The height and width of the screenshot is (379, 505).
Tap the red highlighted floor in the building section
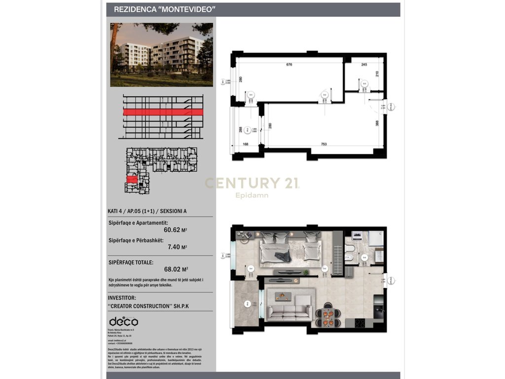163,112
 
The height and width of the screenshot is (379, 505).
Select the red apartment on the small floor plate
132,180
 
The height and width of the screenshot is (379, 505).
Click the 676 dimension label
289,65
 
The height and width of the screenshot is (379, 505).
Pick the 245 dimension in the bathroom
364,65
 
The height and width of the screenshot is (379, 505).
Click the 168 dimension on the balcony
245,145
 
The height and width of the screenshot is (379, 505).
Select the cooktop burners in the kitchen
361,323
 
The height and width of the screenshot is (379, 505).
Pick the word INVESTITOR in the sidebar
125,298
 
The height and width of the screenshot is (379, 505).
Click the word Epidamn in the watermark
252,195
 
